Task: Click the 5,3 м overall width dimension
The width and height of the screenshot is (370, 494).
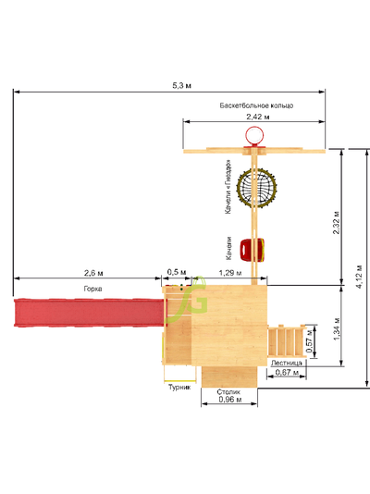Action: [181, 85]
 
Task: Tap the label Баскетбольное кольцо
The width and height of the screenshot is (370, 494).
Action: [256, 105]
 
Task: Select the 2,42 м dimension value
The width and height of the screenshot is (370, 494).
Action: [258, 117]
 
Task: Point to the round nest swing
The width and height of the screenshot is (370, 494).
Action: [256, 188]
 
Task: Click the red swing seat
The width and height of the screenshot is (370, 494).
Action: [252, 250]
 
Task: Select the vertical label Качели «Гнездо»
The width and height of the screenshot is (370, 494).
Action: [228, 187]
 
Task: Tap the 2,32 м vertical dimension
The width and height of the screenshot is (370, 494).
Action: [337, 222]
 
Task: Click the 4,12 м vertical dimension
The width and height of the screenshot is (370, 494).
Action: [360, 277]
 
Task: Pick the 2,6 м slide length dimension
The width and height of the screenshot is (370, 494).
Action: [93, 273]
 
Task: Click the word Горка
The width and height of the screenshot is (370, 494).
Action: [92, 289]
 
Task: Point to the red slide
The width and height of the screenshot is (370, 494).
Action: [90, 313]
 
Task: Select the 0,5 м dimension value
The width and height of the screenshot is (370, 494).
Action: [177, 272]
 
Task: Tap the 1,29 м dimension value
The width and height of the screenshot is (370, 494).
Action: [230, 273]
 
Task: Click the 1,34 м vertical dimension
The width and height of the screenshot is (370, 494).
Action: [337, 329]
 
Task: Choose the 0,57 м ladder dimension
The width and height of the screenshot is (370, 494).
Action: [310, 341]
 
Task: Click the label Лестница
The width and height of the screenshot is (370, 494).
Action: [287, 363]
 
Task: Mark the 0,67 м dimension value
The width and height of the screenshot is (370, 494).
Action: [287, 373]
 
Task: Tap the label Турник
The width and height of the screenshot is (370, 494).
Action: [179, 388]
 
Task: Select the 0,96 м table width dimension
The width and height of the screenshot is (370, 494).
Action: [230, 400]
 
